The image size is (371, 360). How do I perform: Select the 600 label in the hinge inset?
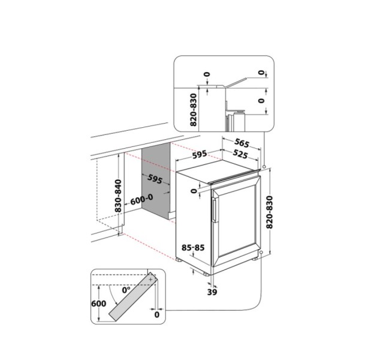pyautogui.click(x=100, y=304)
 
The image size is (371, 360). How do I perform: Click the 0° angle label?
pyautogui.click(x=126, y=289)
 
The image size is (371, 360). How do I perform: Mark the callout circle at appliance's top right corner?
pyautogui.click(x=264, y=166)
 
